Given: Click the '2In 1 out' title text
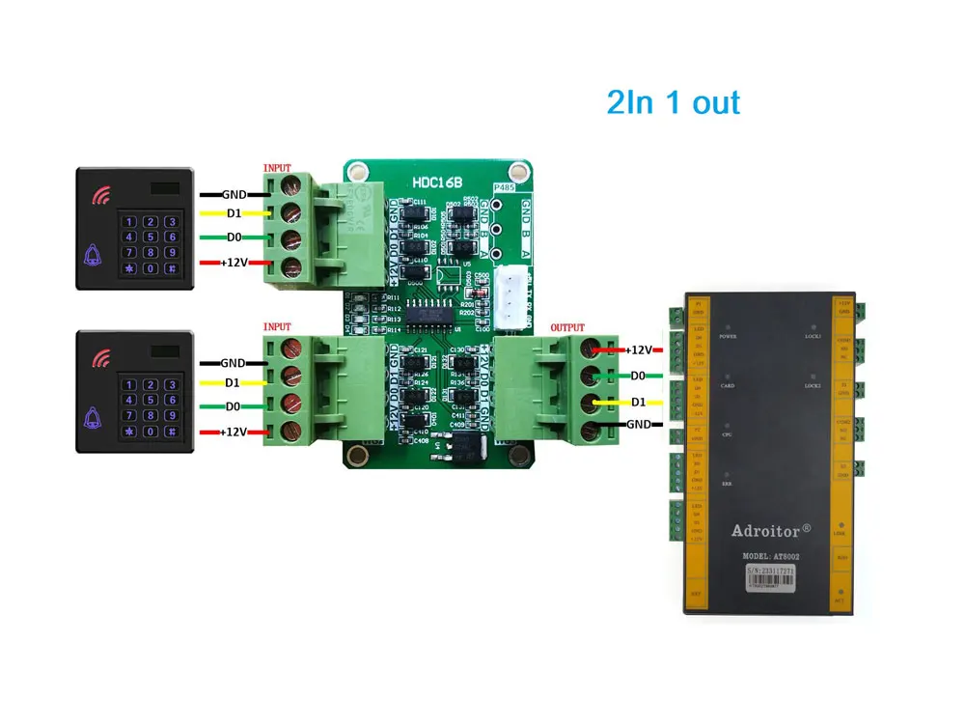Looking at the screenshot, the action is click(x=673, y=102).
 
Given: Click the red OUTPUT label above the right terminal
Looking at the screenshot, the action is click(x=567, y=328).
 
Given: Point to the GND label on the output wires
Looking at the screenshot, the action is click(x=639, y=424).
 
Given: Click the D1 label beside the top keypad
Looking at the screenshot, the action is click(x=234, y=212).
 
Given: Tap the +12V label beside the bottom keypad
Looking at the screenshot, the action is click(x=234, y=433).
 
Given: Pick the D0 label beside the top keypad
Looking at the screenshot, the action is click(x=234, y=237).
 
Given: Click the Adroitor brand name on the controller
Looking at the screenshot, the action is click(x=771, y=531).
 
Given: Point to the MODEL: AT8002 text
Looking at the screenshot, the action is click(x=771, y=556).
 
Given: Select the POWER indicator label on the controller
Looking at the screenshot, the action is click(x=729, y=337).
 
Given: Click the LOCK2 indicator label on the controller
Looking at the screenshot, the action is click(x=813, y=385).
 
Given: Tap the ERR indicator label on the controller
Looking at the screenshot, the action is click(x=727, y=482).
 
